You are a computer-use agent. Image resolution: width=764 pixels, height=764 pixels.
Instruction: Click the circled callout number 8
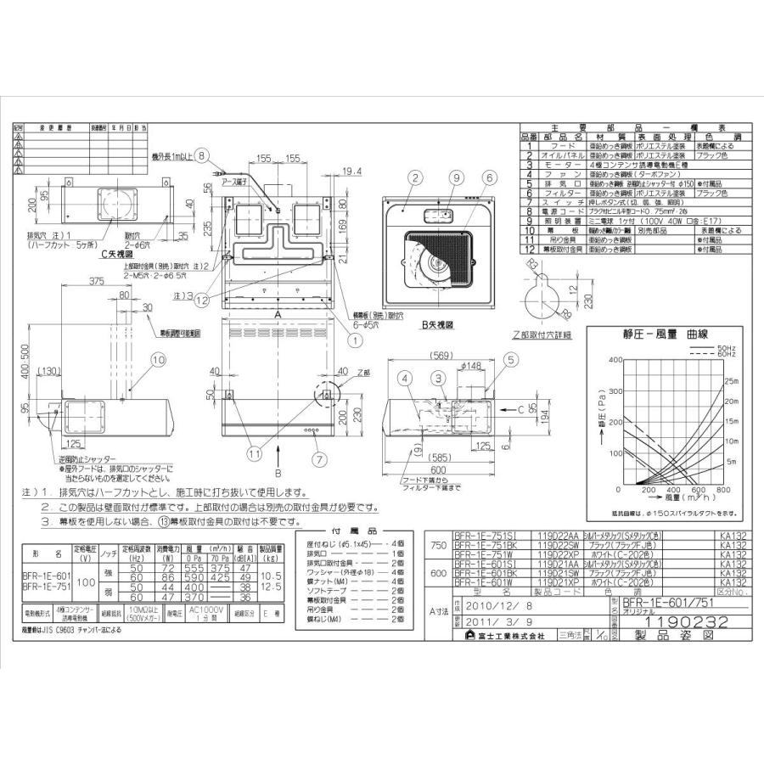tap(200, 155)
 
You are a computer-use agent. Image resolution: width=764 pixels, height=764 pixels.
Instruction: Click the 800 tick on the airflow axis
tap(724, 490)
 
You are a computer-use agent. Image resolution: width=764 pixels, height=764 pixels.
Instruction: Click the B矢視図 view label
tap(436, 324)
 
